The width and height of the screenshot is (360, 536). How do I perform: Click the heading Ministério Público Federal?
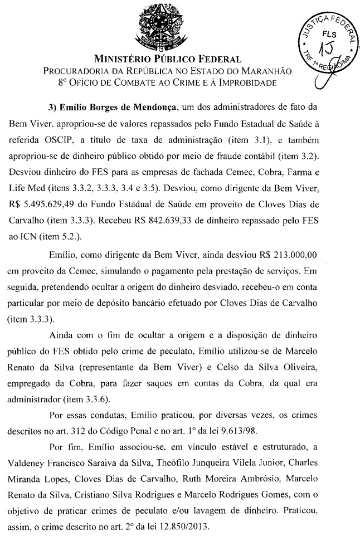[168, 59]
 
